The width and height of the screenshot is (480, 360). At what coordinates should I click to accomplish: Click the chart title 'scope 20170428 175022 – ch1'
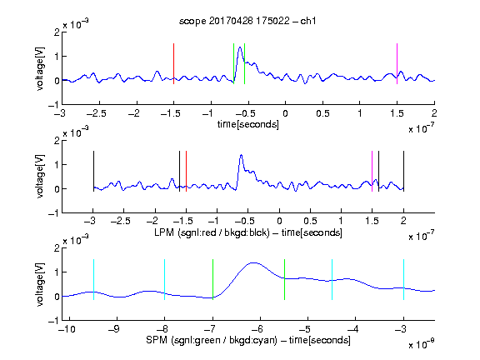coord(247,21)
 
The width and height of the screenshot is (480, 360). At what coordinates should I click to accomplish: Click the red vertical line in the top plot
coord(173,63)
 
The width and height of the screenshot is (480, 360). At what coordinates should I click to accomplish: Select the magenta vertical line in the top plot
coord(397,63)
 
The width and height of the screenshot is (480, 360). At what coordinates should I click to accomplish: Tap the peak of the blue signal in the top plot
coord(240,47)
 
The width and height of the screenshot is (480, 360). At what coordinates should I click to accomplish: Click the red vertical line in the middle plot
coord(186,172)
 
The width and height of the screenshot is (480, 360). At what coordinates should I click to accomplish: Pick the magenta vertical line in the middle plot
coord(372,172)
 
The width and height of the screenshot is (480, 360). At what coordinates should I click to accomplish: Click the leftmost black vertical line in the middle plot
coord(93,172)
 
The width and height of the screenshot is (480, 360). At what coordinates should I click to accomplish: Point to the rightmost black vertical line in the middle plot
coord(403,172)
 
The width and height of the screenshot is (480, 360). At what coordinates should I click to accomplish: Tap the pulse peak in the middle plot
coord(242,155)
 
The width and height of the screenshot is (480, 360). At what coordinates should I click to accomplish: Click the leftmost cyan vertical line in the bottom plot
coord(93,279)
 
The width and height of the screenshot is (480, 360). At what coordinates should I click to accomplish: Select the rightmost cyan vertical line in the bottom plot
coord(403,279)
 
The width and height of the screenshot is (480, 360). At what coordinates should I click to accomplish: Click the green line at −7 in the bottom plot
coord(212,279)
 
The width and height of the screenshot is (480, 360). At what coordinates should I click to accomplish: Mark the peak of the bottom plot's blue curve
coord(253,262)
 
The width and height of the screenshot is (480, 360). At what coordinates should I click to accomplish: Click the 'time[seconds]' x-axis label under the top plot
coord(248,124)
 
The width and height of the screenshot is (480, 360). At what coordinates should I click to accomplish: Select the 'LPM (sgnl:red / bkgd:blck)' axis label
coord(212,232)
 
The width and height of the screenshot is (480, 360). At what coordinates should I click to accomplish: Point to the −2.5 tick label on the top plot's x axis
coord(97,113)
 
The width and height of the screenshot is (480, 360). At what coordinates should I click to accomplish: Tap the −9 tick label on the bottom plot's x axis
coord(114,329)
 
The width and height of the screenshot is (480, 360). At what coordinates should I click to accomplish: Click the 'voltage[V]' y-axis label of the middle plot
coord(40,177)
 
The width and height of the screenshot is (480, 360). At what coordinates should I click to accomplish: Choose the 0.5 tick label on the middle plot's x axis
coord(310,221)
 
